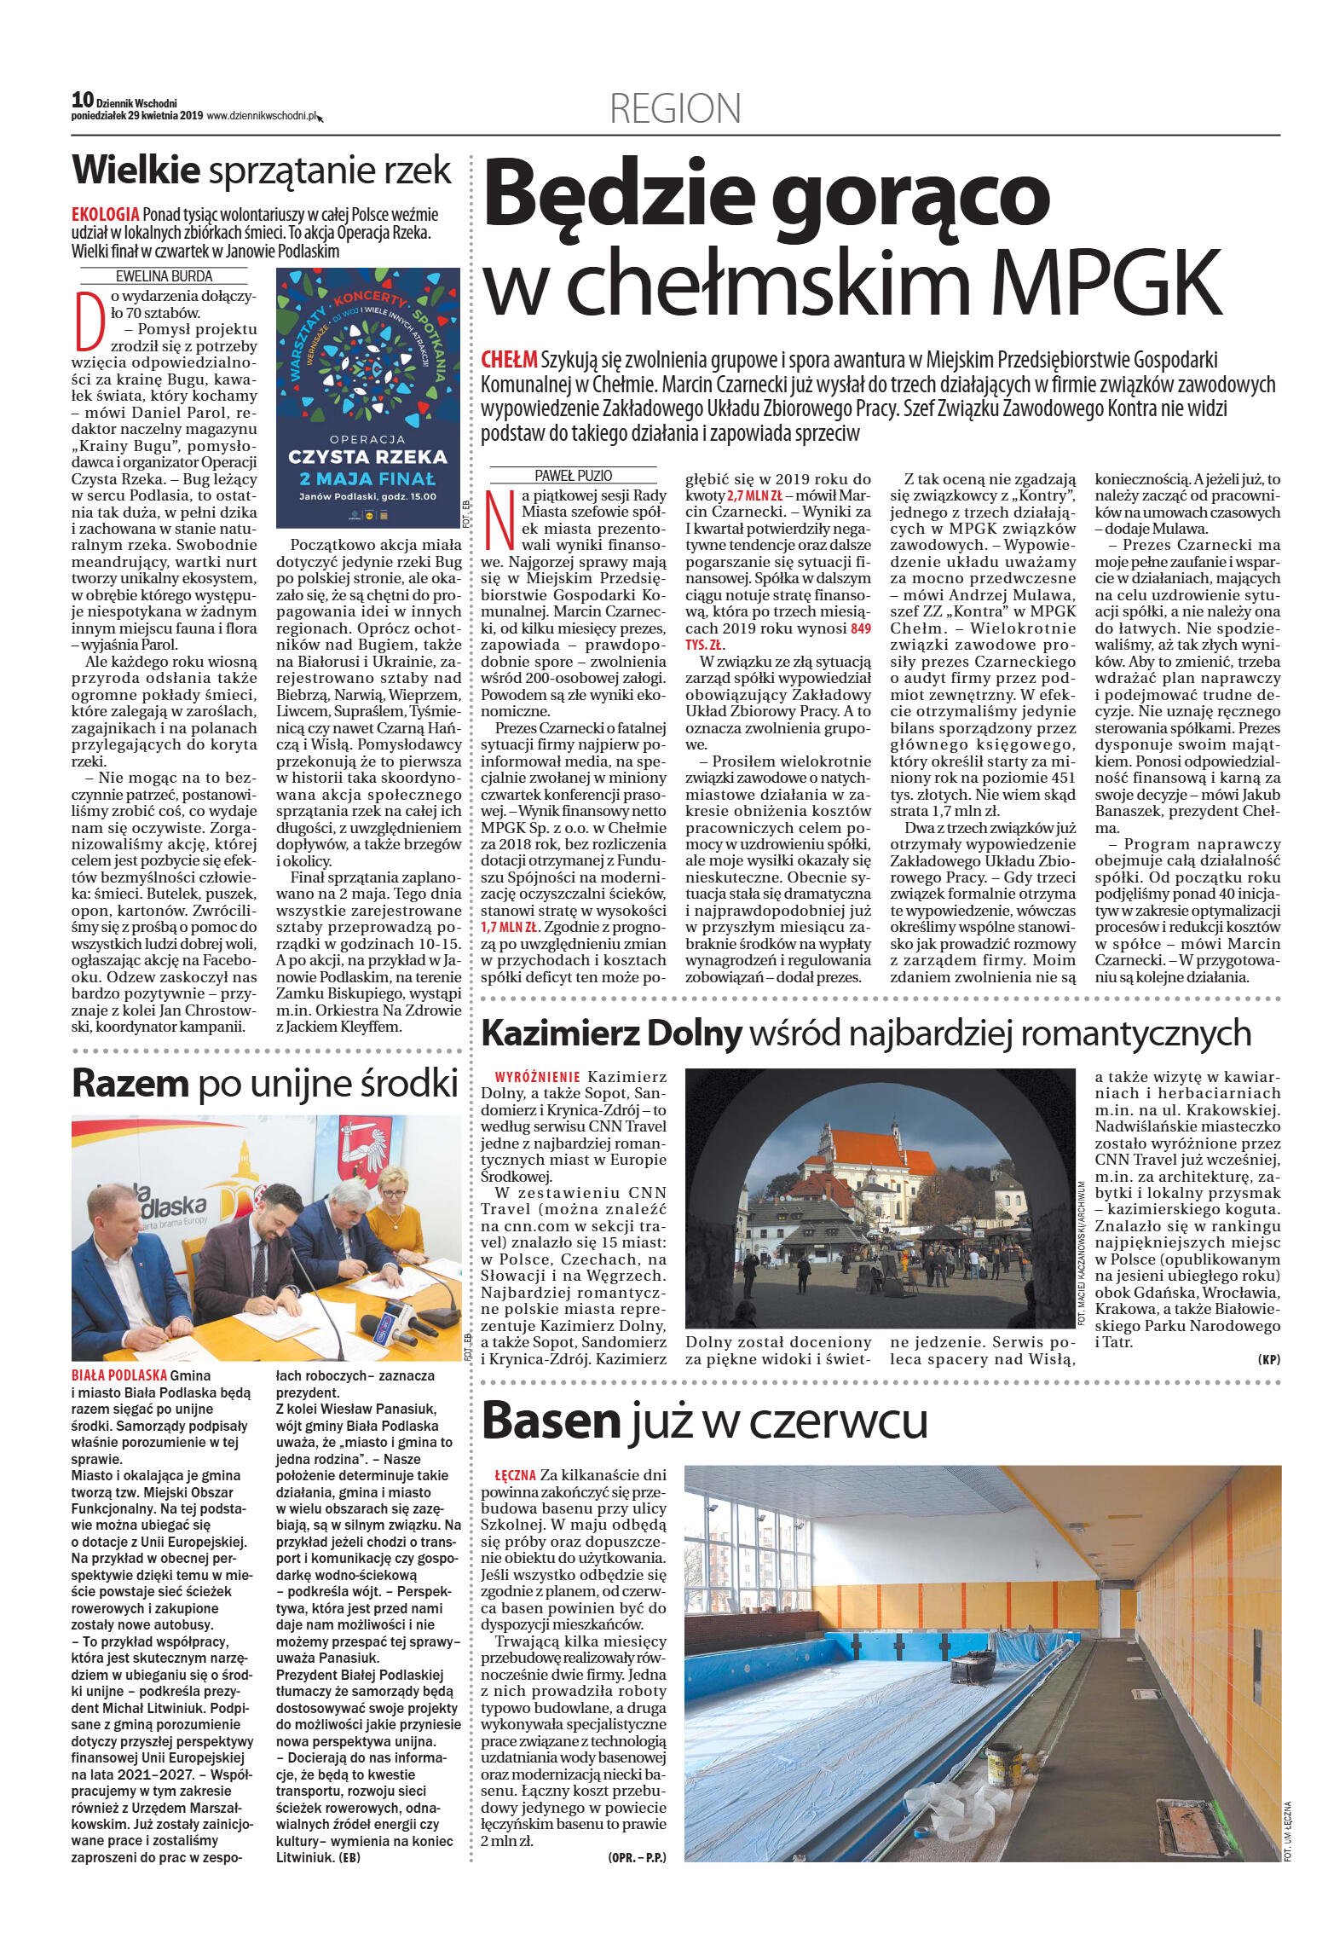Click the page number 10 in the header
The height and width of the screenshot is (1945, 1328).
pyautogui.click(x=83, y=100)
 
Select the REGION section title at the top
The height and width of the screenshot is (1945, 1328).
pyautogui.click(x=675, y=109)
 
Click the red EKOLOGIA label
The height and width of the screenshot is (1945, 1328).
pyautogui.click(x=105, y=214)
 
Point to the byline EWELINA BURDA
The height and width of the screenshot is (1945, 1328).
pyautogui.click(x=164, y=276)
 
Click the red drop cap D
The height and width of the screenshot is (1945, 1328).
pyautogui.click(x=89, y=321)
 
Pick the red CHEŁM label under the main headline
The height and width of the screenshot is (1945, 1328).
pyautogui.click(x=509, y=360)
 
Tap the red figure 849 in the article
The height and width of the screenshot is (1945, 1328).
pyautogui.click(x=861, y=628)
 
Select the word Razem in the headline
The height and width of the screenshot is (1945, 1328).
pyautogui.click(x=130, y=1084)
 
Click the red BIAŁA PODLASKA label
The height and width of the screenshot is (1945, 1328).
pyautogui.click(x=119, y=1375)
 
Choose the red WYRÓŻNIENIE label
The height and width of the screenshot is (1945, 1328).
pyautogui.click(x=537, y=1077)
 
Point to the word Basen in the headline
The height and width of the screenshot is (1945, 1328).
pyautogui.click(x=551, y=1421)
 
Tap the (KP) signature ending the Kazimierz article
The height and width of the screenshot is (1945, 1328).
pyautogui.click(x=1268, y=1360)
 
